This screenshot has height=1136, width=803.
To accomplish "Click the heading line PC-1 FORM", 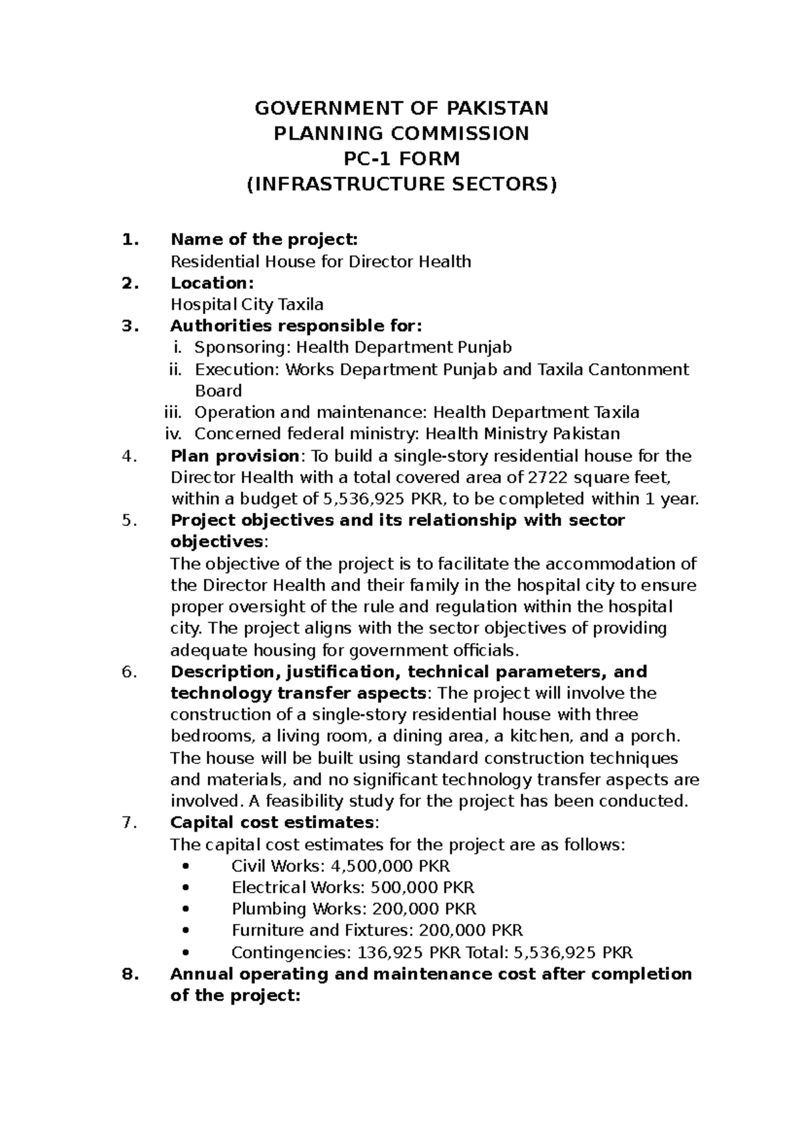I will click(x=401, y=159).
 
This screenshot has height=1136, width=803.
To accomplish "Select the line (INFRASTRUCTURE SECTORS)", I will click(x=401, y=185).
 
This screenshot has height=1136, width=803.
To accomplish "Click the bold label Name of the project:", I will click(x=264, y=240).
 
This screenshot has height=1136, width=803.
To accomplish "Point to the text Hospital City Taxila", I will click(x=247, y=304).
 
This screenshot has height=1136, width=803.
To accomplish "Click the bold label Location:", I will click(x=212, y=283).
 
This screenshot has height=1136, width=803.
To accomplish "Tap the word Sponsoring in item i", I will click(x=244, y=348).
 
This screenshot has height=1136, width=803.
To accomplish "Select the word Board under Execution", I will click(x=218, y=391).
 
